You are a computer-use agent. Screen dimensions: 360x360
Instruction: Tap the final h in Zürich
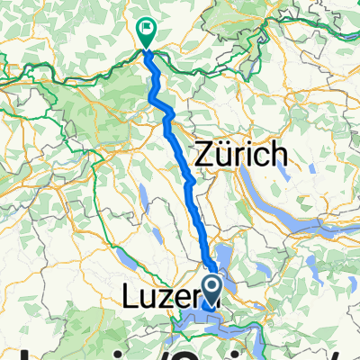tap(279, 155)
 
